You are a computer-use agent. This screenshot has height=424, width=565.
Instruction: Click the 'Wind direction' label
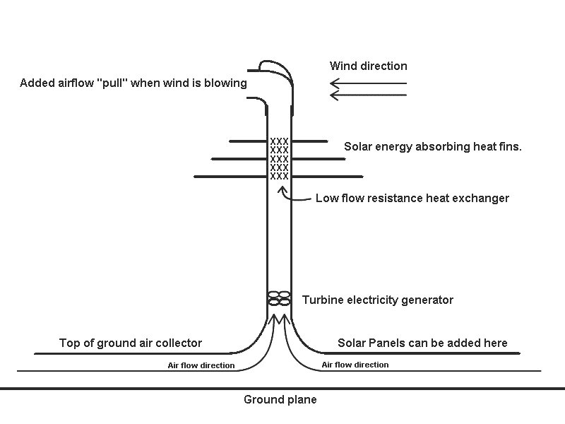pos(368,66)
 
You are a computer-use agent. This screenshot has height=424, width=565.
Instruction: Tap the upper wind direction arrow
pos(368,84)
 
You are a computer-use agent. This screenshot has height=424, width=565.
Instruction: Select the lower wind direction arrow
pos(368,94)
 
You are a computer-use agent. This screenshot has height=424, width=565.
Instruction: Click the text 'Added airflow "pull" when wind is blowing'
pos(133,83)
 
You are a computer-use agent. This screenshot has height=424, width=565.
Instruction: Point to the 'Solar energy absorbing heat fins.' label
pos(432,147)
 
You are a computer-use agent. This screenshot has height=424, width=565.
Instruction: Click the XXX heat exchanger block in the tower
pos(279,159)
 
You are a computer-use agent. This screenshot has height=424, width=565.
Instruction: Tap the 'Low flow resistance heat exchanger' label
pos(412,198)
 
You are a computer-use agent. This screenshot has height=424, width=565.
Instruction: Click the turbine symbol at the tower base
pos(280,298)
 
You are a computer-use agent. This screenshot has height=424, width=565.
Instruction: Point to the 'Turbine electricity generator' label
pos(377,300)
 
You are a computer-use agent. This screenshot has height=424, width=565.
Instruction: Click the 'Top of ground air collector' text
pos(130,343)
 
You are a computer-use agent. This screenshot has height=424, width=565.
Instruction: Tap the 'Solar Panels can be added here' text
pos(422,343)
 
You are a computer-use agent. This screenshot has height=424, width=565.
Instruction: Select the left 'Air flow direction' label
pos(201,365)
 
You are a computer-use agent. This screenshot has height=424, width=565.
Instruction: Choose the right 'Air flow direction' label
pos(355,365)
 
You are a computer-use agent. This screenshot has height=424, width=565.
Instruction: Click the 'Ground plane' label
pos(280,400)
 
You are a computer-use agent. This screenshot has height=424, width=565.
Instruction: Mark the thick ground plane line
pos(106,389)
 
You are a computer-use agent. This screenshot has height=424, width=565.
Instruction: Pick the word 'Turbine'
pos(323,300)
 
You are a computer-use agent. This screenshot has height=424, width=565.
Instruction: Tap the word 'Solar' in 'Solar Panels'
pos(351,343)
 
